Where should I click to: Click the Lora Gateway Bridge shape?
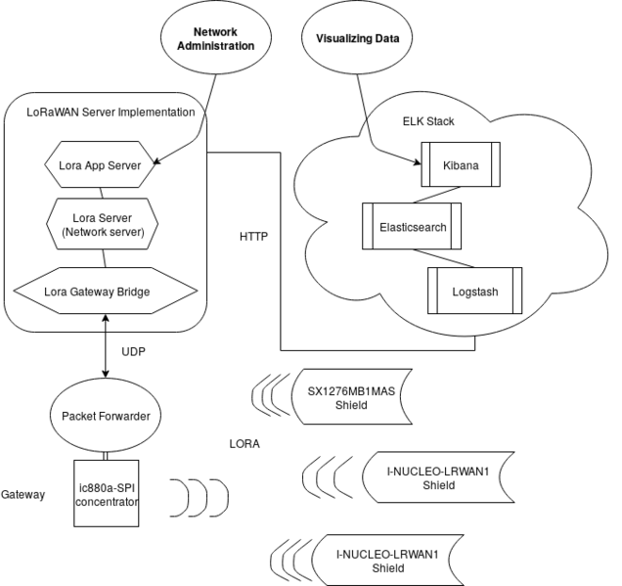(x=106, y=291)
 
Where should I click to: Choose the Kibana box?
(x=460, y=165)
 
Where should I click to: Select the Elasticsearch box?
(x=412, y=226)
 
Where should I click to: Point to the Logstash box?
(x=473, y=290)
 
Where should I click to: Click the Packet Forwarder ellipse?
(x=106, y=416)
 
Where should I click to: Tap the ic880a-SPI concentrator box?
(x=107, y=495)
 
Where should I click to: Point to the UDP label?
(x=134, y=350)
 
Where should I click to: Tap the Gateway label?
(x=22, y=495)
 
